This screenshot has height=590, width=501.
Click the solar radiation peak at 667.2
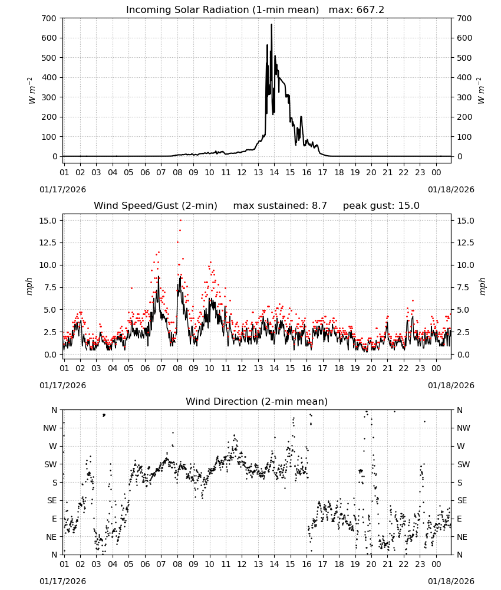pyautogui.click(x=271, y=25)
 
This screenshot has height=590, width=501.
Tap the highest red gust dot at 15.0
pyautogui.click(x=181, y=221)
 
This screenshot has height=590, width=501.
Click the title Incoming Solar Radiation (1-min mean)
pyautogui.click(x=222, y=10)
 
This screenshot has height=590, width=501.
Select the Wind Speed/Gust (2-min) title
pyautogui.click(x=156, y=206)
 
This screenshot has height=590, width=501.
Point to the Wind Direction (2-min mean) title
pyautogui.click(x=257, y=401)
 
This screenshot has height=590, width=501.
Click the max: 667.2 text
pyautogui.click(x=357, y=10)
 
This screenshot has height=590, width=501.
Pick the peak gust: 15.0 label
pyautogui.click(x=381, y=206)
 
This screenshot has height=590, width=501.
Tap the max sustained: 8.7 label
pyautogui.click(x=280, y=206)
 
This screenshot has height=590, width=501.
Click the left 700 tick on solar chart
pyautogui.click(x=50, y=18)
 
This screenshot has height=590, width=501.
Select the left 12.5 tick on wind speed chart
pyautogui.click(x=48, y=242)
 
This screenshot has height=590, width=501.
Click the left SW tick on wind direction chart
pyautogui.click(x=51, y=464)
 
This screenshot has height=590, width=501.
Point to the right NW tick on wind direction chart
pyautogui.click(x=463, y=428)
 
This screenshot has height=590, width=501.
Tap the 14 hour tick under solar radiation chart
pyautogui.click(x=274, y=172)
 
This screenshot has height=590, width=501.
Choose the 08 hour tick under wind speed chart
pyautogui.click(x=177, y=368)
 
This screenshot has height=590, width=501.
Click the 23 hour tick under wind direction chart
pyautogui.click(x=420, y=563)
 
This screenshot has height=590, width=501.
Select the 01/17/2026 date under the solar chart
pyautogui.click(x=62, y=189)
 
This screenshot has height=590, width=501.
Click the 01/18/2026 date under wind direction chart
pyautogui.click(x=451, y=581)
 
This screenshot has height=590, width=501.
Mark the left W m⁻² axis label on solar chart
pyautogui.click(x=32, y=91)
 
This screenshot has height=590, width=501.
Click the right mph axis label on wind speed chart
pyautogui.click(x=482, y=286)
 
